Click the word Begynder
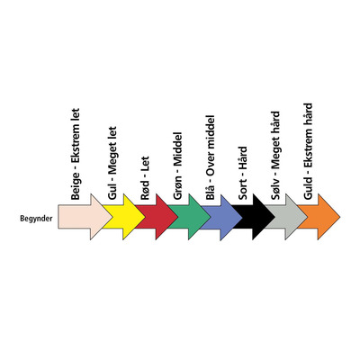(36, 219)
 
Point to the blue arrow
(223, 217)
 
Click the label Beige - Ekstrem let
(76, 154)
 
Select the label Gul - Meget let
(112, 163)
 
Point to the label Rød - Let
(145, 178)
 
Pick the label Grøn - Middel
(177, 166)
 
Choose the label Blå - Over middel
(211, 157)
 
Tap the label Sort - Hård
(243, 173)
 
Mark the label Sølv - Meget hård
(275, 156)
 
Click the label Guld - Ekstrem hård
(308, 151)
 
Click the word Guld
(308, 188)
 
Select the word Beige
(76, 186)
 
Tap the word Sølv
(275, 189)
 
